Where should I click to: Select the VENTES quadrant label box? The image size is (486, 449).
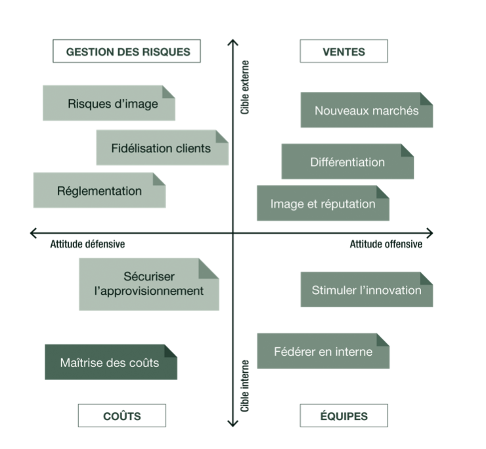343,51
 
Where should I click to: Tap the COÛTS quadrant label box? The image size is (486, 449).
121,416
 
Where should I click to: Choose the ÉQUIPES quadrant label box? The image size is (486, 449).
343,416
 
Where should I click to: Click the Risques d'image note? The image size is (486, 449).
109,103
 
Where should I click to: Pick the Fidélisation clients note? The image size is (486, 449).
162,148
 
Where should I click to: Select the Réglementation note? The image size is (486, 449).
99,191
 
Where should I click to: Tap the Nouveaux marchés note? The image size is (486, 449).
366,110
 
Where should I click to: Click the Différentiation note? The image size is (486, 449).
347,161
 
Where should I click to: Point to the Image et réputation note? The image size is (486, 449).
322,203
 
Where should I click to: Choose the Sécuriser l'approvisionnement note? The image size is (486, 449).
149,284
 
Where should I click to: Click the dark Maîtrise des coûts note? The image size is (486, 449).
110,362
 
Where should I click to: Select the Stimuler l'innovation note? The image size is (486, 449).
366,289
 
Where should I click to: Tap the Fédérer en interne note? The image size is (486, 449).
322,351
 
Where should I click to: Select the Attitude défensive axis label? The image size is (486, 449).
87,245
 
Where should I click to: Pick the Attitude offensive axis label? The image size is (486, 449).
386,245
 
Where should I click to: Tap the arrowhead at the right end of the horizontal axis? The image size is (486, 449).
430,232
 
